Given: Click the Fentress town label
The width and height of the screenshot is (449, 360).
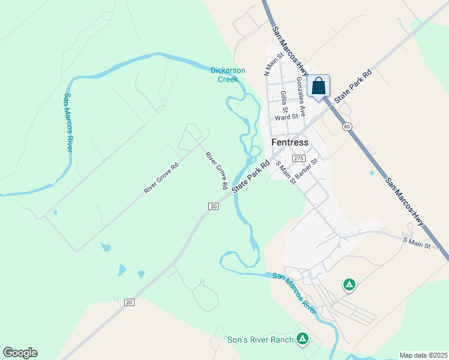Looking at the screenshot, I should click(x=290, y=143).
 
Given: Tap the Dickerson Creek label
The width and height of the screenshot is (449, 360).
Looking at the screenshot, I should click(x=228, y=74).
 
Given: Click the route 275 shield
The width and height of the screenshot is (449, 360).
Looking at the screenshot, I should click(x=298, y=158).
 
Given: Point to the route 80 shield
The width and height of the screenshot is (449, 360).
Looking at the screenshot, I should click(x=347, y=127).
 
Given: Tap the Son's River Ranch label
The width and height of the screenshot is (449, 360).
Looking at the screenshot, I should click(x=261, y=340).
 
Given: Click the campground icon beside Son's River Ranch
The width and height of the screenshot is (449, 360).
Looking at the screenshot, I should click(x=303, y=340).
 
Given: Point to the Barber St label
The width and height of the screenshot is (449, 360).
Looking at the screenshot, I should click(x=306, y=164).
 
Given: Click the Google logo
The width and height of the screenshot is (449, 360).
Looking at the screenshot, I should click(x=20, y=353).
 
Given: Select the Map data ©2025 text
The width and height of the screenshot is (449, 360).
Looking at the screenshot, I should click(x=423, y=355).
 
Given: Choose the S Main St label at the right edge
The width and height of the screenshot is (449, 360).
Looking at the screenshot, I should click(x=417, y=244).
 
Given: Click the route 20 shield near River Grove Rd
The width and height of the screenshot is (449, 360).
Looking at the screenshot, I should click(x=212, y=206).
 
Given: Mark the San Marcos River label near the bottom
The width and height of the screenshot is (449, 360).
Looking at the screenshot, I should click(x=295, y=292).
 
